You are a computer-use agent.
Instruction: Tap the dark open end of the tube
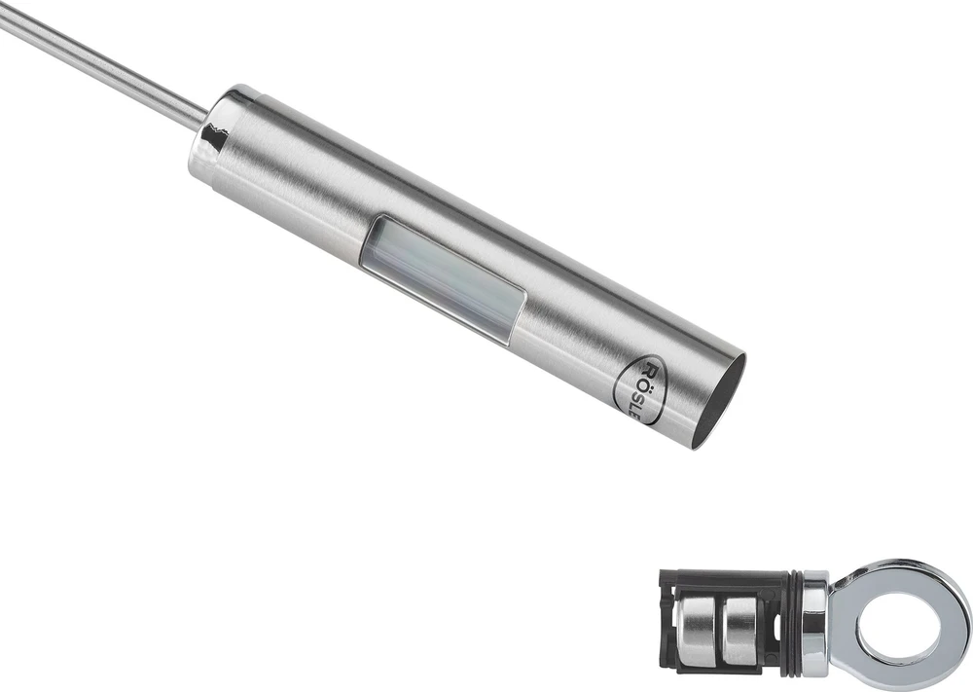tap(719, 401)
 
